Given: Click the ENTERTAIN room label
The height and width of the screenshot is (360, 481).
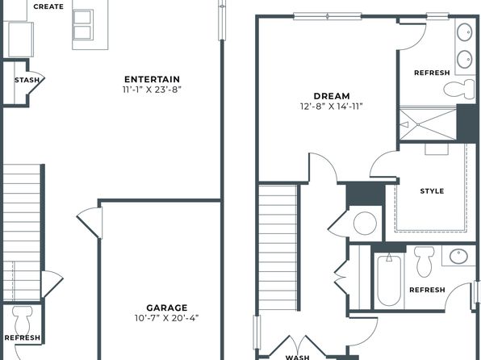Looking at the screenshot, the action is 153,79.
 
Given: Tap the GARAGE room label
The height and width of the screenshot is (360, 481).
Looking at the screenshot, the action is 167,308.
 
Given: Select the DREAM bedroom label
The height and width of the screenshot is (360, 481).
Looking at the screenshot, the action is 332,96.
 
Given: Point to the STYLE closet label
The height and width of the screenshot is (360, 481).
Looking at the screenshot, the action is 432,191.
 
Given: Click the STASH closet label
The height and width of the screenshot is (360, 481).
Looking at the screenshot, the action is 27,80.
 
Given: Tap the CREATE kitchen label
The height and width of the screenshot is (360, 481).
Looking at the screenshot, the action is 48,6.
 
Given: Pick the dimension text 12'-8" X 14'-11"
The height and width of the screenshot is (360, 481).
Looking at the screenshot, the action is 332,107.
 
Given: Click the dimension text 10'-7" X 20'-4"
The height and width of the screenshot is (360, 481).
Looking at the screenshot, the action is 167,318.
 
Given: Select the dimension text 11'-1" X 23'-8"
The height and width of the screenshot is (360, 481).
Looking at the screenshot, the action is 153,90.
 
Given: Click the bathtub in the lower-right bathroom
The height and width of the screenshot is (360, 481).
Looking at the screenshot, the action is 389,280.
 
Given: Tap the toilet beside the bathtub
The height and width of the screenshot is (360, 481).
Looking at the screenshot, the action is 425,262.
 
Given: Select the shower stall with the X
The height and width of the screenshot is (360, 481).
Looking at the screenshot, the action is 428,124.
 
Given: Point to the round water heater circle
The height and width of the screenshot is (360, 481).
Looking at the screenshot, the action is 365,223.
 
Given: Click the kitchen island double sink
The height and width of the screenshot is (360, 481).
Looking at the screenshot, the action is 82,24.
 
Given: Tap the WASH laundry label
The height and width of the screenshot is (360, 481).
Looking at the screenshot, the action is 298,358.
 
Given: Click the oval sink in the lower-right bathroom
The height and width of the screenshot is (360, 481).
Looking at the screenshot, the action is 459,257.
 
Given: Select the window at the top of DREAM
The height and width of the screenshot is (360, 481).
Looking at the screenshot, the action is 328,16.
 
